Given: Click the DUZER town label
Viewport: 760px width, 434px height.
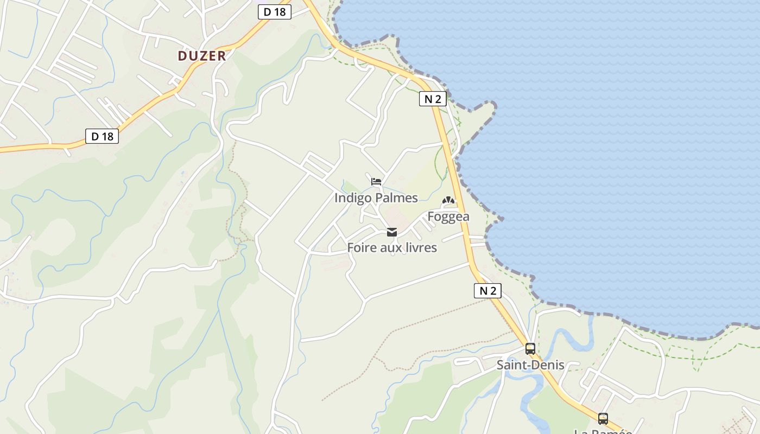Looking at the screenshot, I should (x=201, y=55).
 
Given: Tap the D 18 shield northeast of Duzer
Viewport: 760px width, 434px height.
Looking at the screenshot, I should (x=274, y=12).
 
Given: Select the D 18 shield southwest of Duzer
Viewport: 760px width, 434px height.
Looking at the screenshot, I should (x=102, y=136).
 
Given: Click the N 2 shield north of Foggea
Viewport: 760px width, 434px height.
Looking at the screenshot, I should (x=433, y=99).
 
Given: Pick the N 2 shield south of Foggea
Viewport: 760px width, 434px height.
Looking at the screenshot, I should (x=487, y=291).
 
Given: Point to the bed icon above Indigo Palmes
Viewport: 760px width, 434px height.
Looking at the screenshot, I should (x=376, y=182).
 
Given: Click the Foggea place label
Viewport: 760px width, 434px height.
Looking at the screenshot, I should (x=448, y=216).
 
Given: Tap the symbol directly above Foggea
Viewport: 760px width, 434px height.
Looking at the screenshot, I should (x=448, y=201).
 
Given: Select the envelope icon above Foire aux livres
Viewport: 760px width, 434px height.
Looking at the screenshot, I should (x=391, y=232).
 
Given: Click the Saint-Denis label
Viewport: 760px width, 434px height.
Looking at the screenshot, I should (x=530, y=365).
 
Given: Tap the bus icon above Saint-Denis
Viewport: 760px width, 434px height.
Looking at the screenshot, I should (x=530, y=349).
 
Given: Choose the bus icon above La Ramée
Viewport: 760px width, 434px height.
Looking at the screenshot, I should (x=603, y=418).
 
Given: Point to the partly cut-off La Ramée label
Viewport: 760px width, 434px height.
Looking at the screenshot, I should (x=603, y=431).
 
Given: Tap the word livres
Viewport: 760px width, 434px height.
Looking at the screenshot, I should (x=420, y=248).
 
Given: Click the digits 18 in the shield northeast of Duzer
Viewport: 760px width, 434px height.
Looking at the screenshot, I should (x=279, y=12).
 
